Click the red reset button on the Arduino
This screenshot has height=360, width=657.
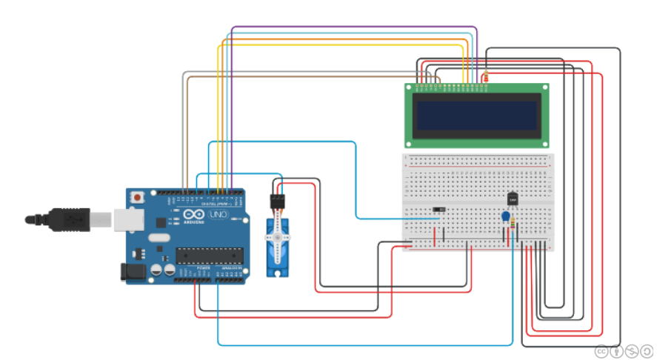point(137,199)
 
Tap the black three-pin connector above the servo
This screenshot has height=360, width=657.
point(277,201)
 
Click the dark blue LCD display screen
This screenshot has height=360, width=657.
point(476,115)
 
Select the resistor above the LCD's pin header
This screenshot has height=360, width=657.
point(486,76)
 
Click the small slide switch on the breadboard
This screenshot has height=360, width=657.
point(438,210)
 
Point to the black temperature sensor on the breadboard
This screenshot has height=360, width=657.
point(513,199)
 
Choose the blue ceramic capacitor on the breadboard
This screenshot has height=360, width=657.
point(505,217)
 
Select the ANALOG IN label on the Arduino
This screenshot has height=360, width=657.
point(231,267)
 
